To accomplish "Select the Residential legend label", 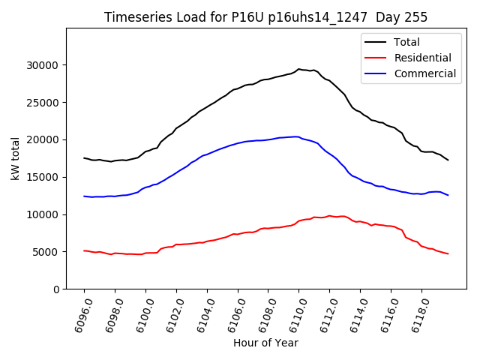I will [x=422, y=58].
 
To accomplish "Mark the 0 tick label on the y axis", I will [x=57, y=289].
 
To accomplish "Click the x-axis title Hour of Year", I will [x=265, y=343].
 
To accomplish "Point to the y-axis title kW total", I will [x=15, y=159].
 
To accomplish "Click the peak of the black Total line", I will [x=298, y=69].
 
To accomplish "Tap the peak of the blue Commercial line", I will [x=297, y=136].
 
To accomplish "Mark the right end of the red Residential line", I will [x=448, y=253].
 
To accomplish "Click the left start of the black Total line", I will [x=84, y=158].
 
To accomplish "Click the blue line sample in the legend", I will [x=375, y=73].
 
